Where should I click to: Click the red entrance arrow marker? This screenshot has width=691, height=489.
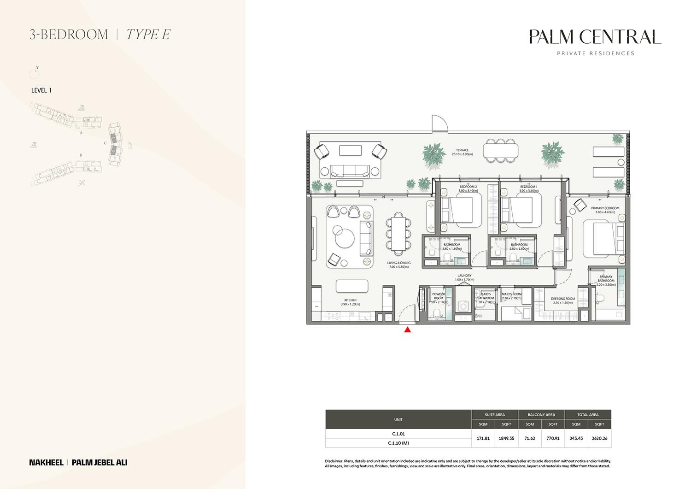[407, 329]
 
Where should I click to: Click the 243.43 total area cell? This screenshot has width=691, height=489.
[576, 438]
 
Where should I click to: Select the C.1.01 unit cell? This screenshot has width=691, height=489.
[398, 434]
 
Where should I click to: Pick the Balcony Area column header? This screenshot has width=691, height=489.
[541, 415]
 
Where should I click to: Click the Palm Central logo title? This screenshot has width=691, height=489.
[595, 37]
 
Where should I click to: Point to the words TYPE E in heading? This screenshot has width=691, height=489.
[148, 35]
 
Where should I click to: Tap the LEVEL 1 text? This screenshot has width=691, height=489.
[41, 90]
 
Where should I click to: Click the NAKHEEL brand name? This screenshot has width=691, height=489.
[46, 462]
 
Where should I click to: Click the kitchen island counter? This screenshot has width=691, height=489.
[352, 286]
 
